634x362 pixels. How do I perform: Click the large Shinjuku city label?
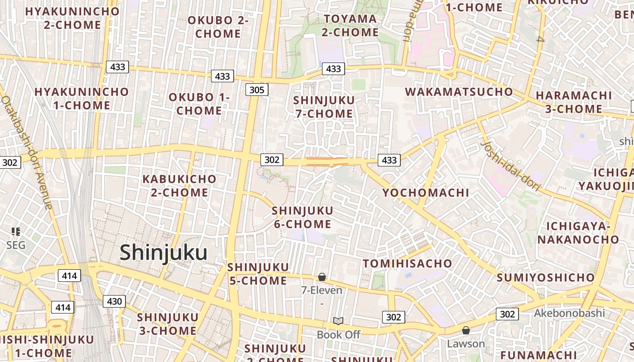point(163,252)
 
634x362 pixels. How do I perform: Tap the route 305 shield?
point(257,90)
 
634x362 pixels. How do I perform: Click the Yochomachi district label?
point(426,193)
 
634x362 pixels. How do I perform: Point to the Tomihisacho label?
point(408,263)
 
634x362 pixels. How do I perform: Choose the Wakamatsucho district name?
point(459,92)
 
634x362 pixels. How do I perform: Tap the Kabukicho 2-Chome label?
point(179,186)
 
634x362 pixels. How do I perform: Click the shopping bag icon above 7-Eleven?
point(322,276)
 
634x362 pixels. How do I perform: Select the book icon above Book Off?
point(338,321)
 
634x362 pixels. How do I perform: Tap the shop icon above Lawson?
point(466,330)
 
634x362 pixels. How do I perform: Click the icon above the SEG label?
point(16,232)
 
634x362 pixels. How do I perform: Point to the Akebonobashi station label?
point(569,313)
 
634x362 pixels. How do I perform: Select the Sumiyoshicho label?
point(545,277)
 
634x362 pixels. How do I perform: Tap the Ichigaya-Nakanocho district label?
point(578,233)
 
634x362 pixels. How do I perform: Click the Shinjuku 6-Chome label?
point(302,217)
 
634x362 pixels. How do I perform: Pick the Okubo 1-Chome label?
point(199,104)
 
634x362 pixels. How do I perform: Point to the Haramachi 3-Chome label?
point(574,102)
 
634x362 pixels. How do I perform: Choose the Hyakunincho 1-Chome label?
point(82,98)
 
